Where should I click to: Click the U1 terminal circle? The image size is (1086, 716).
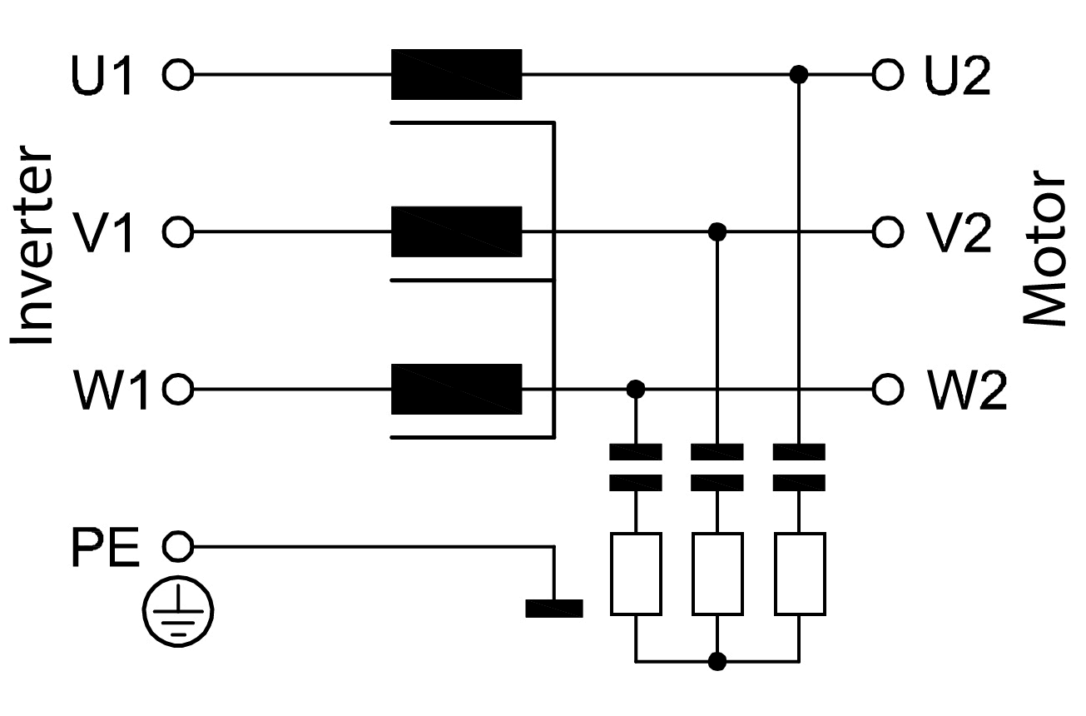[177, 75]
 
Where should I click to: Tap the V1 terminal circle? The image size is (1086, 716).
[177, 231]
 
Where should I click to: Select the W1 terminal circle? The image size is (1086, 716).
[177, 388]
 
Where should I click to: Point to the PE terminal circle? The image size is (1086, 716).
[177, 546]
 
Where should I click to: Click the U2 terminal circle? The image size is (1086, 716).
[887, 75]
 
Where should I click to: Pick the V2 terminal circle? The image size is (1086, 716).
[887, 231]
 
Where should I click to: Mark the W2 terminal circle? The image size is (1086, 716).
[887, 388]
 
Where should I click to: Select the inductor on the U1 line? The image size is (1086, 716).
[456, 75]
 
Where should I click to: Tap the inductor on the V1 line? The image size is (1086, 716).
[456, 231]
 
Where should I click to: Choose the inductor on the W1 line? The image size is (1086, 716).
[456, 388]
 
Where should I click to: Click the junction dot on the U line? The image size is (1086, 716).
[799, 75]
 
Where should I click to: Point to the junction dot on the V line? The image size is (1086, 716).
[717, 231]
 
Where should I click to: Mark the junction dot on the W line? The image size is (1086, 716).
[636, 388]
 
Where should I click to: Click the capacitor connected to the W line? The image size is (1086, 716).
[636, 467]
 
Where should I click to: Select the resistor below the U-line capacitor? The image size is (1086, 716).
[800, 574]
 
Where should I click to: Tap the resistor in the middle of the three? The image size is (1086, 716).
[717, 574]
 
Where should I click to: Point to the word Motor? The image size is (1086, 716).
[1044, 248]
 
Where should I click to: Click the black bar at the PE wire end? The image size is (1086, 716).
[553, 609]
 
